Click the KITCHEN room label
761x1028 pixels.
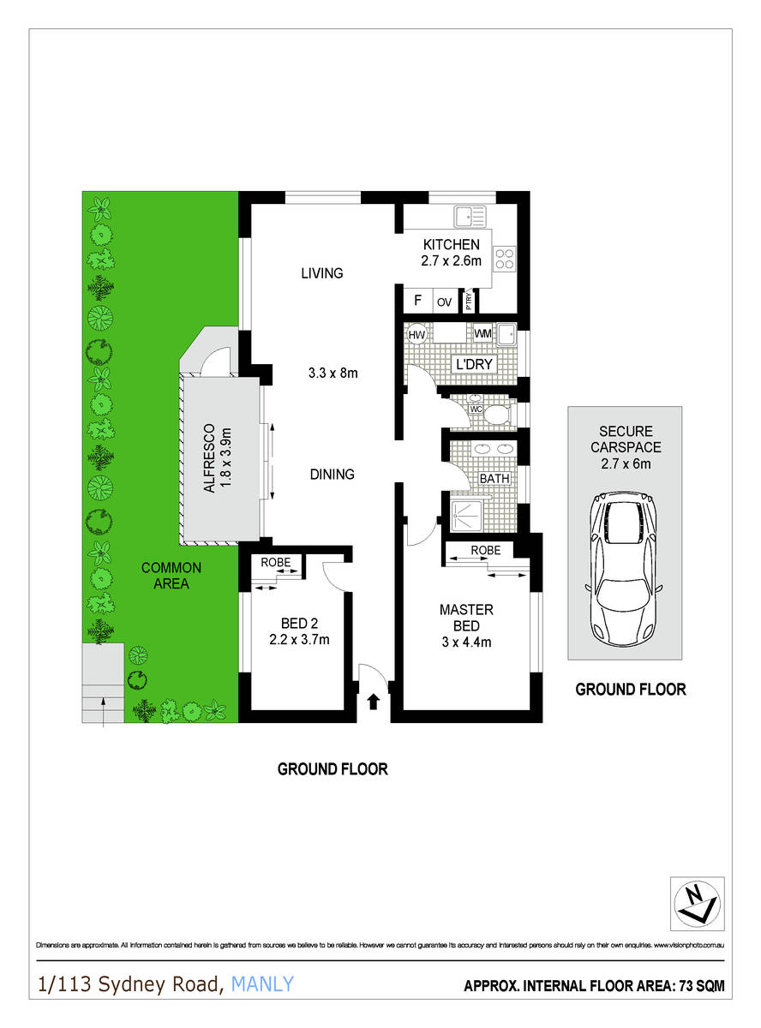[x=451, y=245]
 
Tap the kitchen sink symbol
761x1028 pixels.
[x=470, y=215]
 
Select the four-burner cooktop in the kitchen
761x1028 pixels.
[x=505, y=258]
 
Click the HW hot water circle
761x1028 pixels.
[x=417, y=333]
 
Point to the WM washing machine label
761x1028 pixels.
[x=482, y=332]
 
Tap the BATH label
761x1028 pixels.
[x=494, y=479]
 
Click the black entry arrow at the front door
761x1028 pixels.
[x=373, y=702]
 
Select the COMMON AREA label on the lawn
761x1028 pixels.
[x=171, y=576]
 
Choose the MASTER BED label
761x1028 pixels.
[x=466, y=618]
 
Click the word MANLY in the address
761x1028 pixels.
[x=263, y=984]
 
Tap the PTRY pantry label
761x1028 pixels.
[x=470, y=302]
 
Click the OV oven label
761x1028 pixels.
[x=444, y=302]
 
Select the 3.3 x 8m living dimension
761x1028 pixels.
[x=332, y=373]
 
